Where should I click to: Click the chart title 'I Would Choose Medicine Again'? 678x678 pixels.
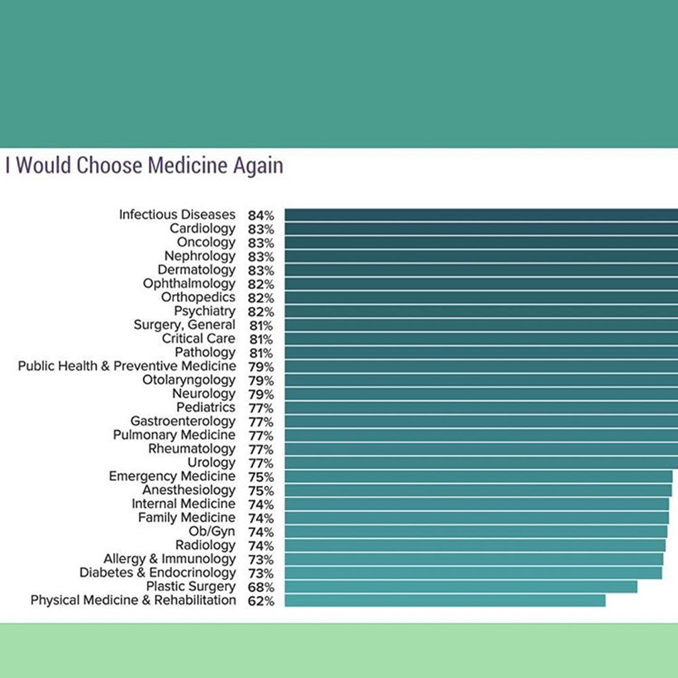(x=144, y=166)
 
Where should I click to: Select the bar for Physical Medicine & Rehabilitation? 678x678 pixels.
(x=444, y=601)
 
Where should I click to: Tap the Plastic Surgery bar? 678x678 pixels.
(x=461, y=587)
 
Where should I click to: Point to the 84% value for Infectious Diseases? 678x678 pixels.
(x=261, y=215)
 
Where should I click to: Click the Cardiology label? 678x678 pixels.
(x=202, y=229)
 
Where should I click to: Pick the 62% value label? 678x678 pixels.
(x=261, y=601)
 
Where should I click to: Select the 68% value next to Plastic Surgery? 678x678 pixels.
(x=261, y=588)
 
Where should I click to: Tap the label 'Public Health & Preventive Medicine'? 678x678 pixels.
(x=127, y=366)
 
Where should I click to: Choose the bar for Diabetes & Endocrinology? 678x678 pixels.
(x=473, y=573)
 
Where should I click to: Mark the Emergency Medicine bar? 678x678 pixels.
(x=478, y=476)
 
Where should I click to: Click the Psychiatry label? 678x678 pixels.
(x=205, y=311)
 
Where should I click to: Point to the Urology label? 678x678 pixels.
(x=212, y=463)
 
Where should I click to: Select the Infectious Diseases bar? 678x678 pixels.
(x=481, y=215)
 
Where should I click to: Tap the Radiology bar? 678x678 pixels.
(x=475, y=546)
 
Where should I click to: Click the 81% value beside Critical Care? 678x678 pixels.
(x=261, y=340)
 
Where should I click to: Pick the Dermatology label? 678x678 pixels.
(x=196, y=270)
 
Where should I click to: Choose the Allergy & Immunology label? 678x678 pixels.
(x=169, y=559)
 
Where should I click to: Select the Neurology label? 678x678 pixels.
(x=204, y=394)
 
